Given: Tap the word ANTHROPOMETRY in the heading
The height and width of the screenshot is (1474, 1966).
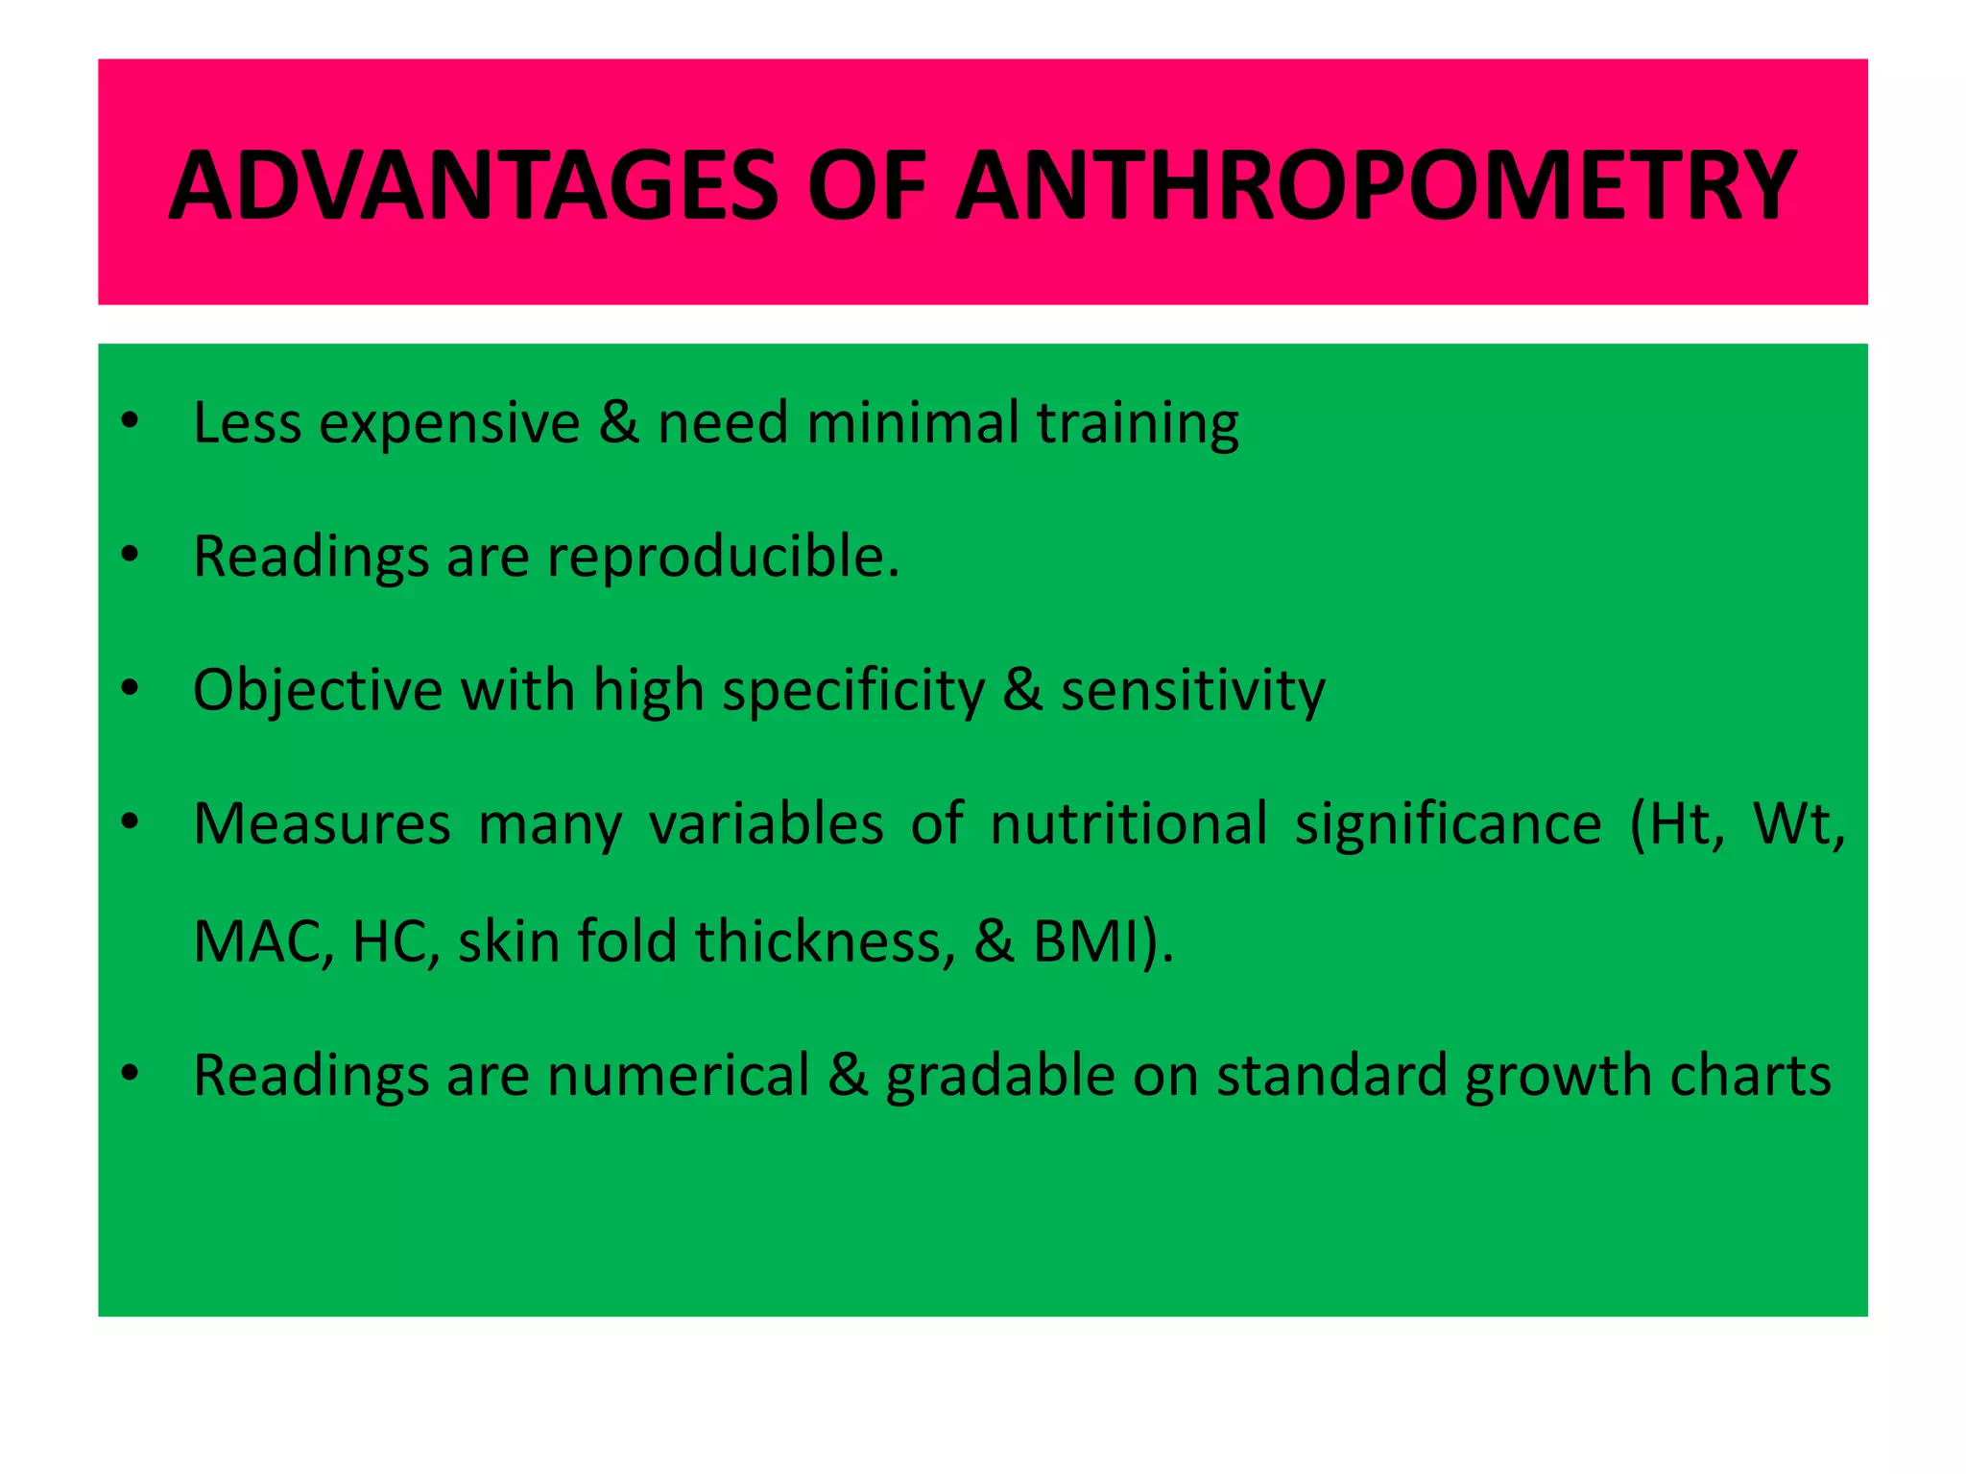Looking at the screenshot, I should pyautogui.click(x=1375, y=185).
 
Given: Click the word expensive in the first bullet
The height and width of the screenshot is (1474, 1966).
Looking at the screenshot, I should pyautogui.click(x=449, y=424).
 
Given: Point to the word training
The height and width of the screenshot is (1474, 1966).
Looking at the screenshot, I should pyautogui.click(x=1138, y=424).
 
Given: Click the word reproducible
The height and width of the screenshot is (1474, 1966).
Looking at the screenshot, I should pyautogui.click(x=723, y=558).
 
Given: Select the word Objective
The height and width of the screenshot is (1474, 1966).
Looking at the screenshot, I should pyautogui.click(x=317, y=691).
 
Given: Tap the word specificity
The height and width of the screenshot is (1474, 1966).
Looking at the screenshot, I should pyautogui.click(x=853, y=691).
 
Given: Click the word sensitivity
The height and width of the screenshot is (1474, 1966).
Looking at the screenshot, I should pyautogui.click(x=1192, y=691).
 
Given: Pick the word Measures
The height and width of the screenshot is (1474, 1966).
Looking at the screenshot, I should pyautogui.click(x=322, y=824).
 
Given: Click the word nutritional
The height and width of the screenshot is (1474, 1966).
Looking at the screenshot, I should pyautogui.click(x=1129, y=824).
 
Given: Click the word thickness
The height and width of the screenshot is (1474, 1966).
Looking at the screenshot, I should pyautogui.click(x=826, y=942).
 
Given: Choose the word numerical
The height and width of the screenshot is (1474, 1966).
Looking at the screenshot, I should pyautogui.click(x=679, y=1076).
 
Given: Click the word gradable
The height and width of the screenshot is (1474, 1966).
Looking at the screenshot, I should pyautogui.click(x=999, y=1076).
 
